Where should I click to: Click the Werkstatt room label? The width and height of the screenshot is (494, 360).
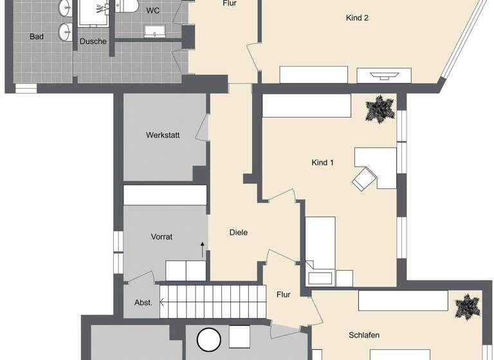click(x=163, y=135)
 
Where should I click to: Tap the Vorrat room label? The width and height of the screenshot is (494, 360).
click(x=161, y=237)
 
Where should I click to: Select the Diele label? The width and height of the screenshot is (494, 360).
click(x=238, y=233)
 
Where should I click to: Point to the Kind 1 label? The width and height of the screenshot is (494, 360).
click(x=323, y=163)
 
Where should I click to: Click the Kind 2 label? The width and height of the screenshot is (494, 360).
click(x=357, y=18)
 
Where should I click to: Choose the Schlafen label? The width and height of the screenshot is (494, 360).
click(x=364, y=335)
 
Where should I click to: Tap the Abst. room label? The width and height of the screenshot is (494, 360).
click(x=143, y=303)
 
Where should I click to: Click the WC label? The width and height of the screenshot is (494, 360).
click(x=152, y=10)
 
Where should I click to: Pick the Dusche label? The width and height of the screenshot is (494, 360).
click(x=93, y=41)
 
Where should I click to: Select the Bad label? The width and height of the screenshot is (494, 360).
click(x=37, y=37)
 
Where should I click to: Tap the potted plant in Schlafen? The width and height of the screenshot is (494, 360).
click(x=467, y=307)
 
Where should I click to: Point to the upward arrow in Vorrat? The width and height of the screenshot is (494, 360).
click(x=203, y=249)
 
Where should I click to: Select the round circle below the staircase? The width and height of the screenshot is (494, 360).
click(x=209, y=340)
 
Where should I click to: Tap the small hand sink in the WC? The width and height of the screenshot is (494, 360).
click(x=155, y=32)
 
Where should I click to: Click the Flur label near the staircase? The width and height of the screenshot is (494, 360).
click(x=283, y=295)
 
